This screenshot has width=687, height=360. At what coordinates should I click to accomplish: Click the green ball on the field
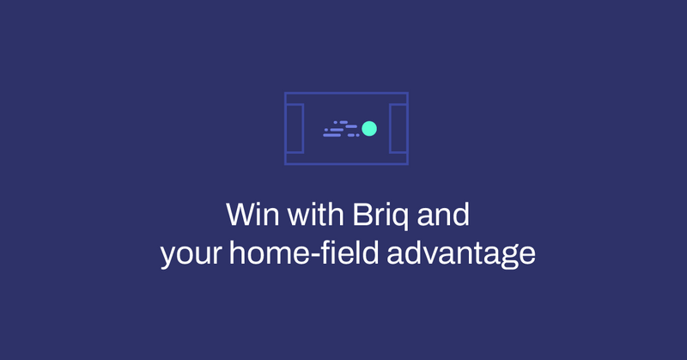click(369, 128)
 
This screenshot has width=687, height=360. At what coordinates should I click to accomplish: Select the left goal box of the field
click(295, 128)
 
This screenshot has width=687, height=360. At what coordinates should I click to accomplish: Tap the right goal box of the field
click(398, 128)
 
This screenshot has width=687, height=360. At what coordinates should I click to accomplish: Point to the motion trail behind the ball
click(341, 129)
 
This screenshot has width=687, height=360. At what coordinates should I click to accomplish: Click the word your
click(187, 255)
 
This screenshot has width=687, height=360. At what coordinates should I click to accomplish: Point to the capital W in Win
click(238, 215)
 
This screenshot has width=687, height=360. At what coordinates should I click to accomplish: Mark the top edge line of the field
click(346, 94)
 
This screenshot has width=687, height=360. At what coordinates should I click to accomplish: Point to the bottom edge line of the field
click(346, 163)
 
